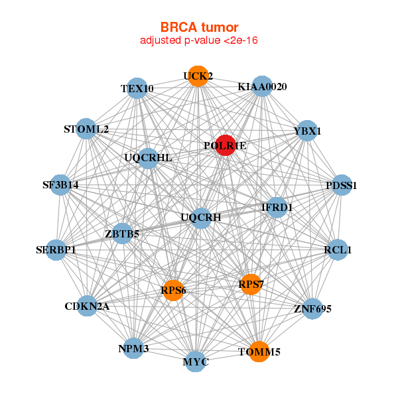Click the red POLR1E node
click(225, 145)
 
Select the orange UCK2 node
click(197, 76)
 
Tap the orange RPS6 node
click(172, 291)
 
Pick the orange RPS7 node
click(250, 285)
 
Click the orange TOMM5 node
click(259, 351)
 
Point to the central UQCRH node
click(201, 218)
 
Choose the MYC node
click(196, 362)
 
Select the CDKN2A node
click(87, 306)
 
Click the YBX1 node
click(306, 131)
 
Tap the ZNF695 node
click(312, 308)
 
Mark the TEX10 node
click(137, 88)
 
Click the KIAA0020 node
click(262, 87)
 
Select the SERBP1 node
click(56, 250)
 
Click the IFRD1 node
click(277, 208)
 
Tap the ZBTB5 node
click(122, 233)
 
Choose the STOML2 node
click(86, 129)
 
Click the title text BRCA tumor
click(199, 27)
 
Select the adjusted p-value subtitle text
click(199, 40)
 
